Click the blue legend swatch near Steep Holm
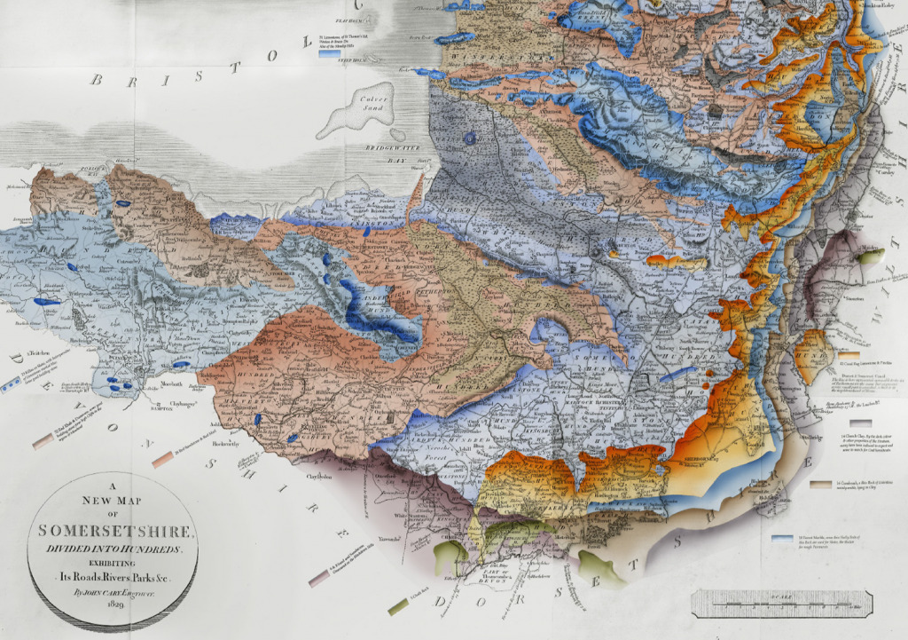click(x=331, y=54)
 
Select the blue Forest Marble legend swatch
click(x=782, y=538)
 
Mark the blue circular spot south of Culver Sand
click(x=470, y=138)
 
